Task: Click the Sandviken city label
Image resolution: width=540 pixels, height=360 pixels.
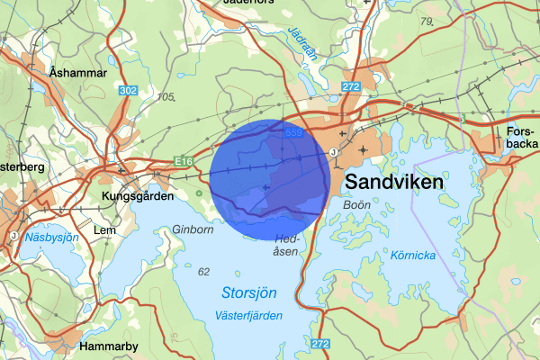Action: pos(393,182)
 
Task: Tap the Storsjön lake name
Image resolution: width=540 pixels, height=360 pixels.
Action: pos(248,293)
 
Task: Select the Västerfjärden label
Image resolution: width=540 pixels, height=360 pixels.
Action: pos(249,315)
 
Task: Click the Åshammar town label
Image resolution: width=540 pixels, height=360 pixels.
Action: pos(78,72)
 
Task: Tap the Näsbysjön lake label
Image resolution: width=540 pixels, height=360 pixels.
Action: pos(52,238)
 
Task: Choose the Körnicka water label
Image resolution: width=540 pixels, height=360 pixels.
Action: pos(413,256)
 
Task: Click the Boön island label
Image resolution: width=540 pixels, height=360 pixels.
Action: pos(357,205)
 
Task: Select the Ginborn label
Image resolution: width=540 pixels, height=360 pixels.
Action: pos(194,229)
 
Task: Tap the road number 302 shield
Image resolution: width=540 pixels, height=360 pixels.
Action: pos(128,90)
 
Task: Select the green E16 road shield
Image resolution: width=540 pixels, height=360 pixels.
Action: pos(184,161)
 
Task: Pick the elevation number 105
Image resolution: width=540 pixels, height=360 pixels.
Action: pos(165,97)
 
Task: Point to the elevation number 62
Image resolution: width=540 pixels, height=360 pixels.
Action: pos(203,271)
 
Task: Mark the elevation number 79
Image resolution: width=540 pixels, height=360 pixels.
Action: pos(427,20)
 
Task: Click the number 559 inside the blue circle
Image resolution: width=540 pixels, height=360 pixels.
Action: pos(293,133)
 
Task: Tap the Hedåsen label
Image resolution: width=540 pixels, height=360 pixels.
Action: pos(286,245)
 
